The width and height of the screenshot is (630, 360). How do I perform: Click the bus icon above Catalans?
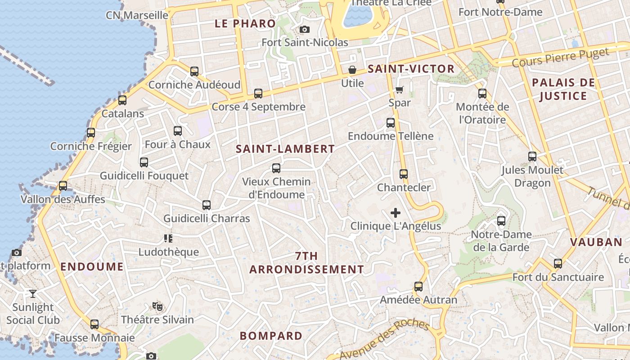coord(122,100)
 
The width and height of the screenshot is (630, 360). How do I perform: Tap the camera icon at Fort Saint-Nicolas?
coord(305,30)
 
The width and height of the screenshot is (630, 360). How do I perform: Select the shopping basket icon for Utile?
coord(352,70)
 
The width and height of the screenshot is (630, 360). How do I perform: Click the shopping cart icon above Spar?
coord(399,90)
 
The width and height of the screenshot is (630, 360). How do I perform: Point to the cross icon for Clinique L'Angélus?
coord(396,213)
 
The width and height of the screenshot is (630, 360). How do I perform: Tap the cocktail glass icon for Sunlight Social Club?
coord(33,294)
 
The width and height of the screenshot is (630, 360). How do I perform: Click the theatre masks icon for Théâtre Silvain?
coord(157,306)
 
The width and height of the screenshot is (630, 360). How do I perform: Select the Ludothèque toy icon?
coord(168,238)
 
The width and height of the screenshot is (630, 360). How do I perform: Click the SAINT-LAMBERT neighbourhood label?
coord(285,149)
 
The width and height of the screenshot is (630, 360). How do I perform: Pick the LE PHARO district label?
coord(245,24)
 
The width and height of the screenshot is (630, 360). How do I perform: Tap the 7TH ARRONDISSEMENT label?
coord(306,263)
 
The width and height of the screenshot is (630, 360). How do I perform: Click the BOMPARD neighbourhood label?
coord(271,336)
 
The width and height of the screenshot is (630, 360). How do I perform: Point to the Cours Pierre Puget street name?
coord(560,58)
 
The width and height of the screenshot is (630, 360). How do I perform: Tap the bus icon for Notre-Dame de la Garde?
coord(501,221)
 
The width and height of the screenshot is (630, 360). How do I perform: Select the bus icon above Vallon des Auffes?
coord(63,186)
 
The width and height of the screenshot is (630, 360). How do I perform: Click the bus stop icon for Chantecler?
coord(404,174)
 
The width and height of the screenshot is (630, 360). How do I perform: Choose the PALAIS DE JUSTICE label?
coord(563,89)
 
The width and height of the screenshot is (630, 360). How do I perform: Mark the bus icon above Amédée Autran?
coord(418,287)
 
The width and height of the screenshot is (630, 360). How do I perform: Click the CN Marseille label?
coord(137,15)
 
